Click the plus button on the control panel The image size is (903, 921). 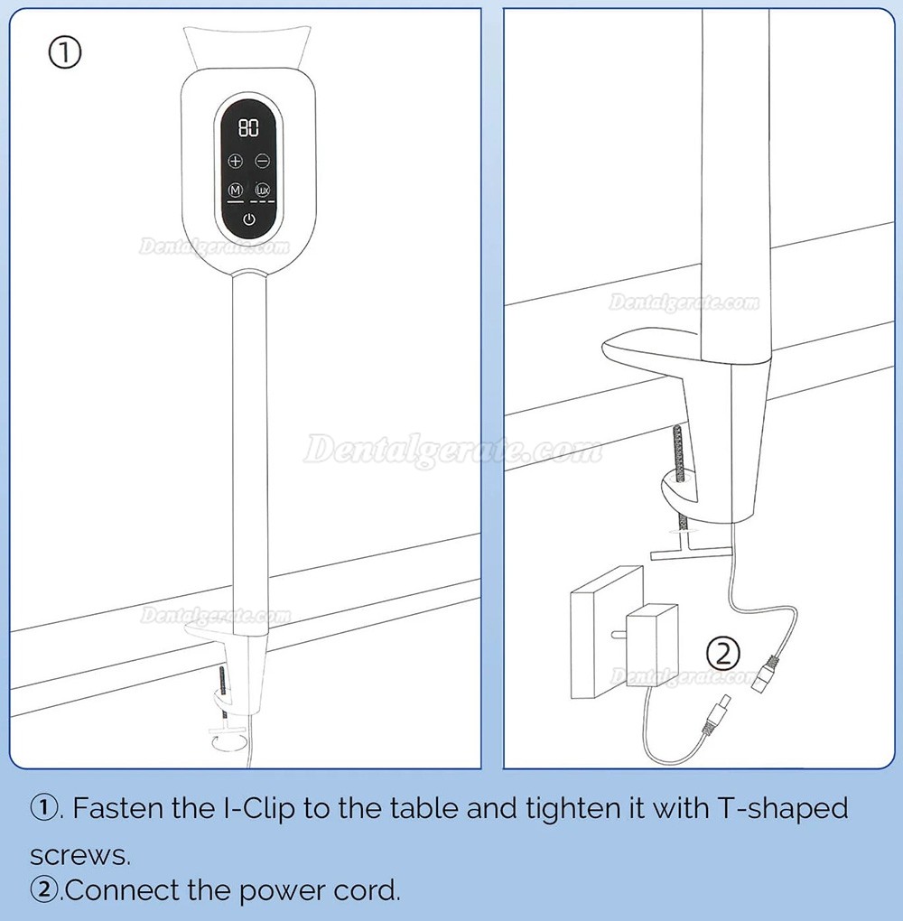(x=235, y=161)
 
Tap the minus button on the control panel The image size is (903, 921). (x=262, y=161)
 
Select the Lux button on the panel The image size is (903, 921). (x=262, y=190)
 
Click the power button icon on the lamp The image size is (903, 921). (x=249, y=219)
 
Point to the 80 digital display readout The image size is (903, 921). (x=248, y=127)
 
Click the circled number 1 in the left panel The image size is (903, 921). (x=64, y=53)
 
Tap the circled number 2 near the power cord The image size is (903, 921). (x=722, y=654)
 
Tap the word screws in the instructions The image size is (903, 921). (x=79, y=855)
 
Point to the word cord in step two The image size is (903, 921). (x=367, y=890)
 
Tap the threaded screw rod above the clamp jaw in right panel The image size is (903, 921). (x=679, y=452)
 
